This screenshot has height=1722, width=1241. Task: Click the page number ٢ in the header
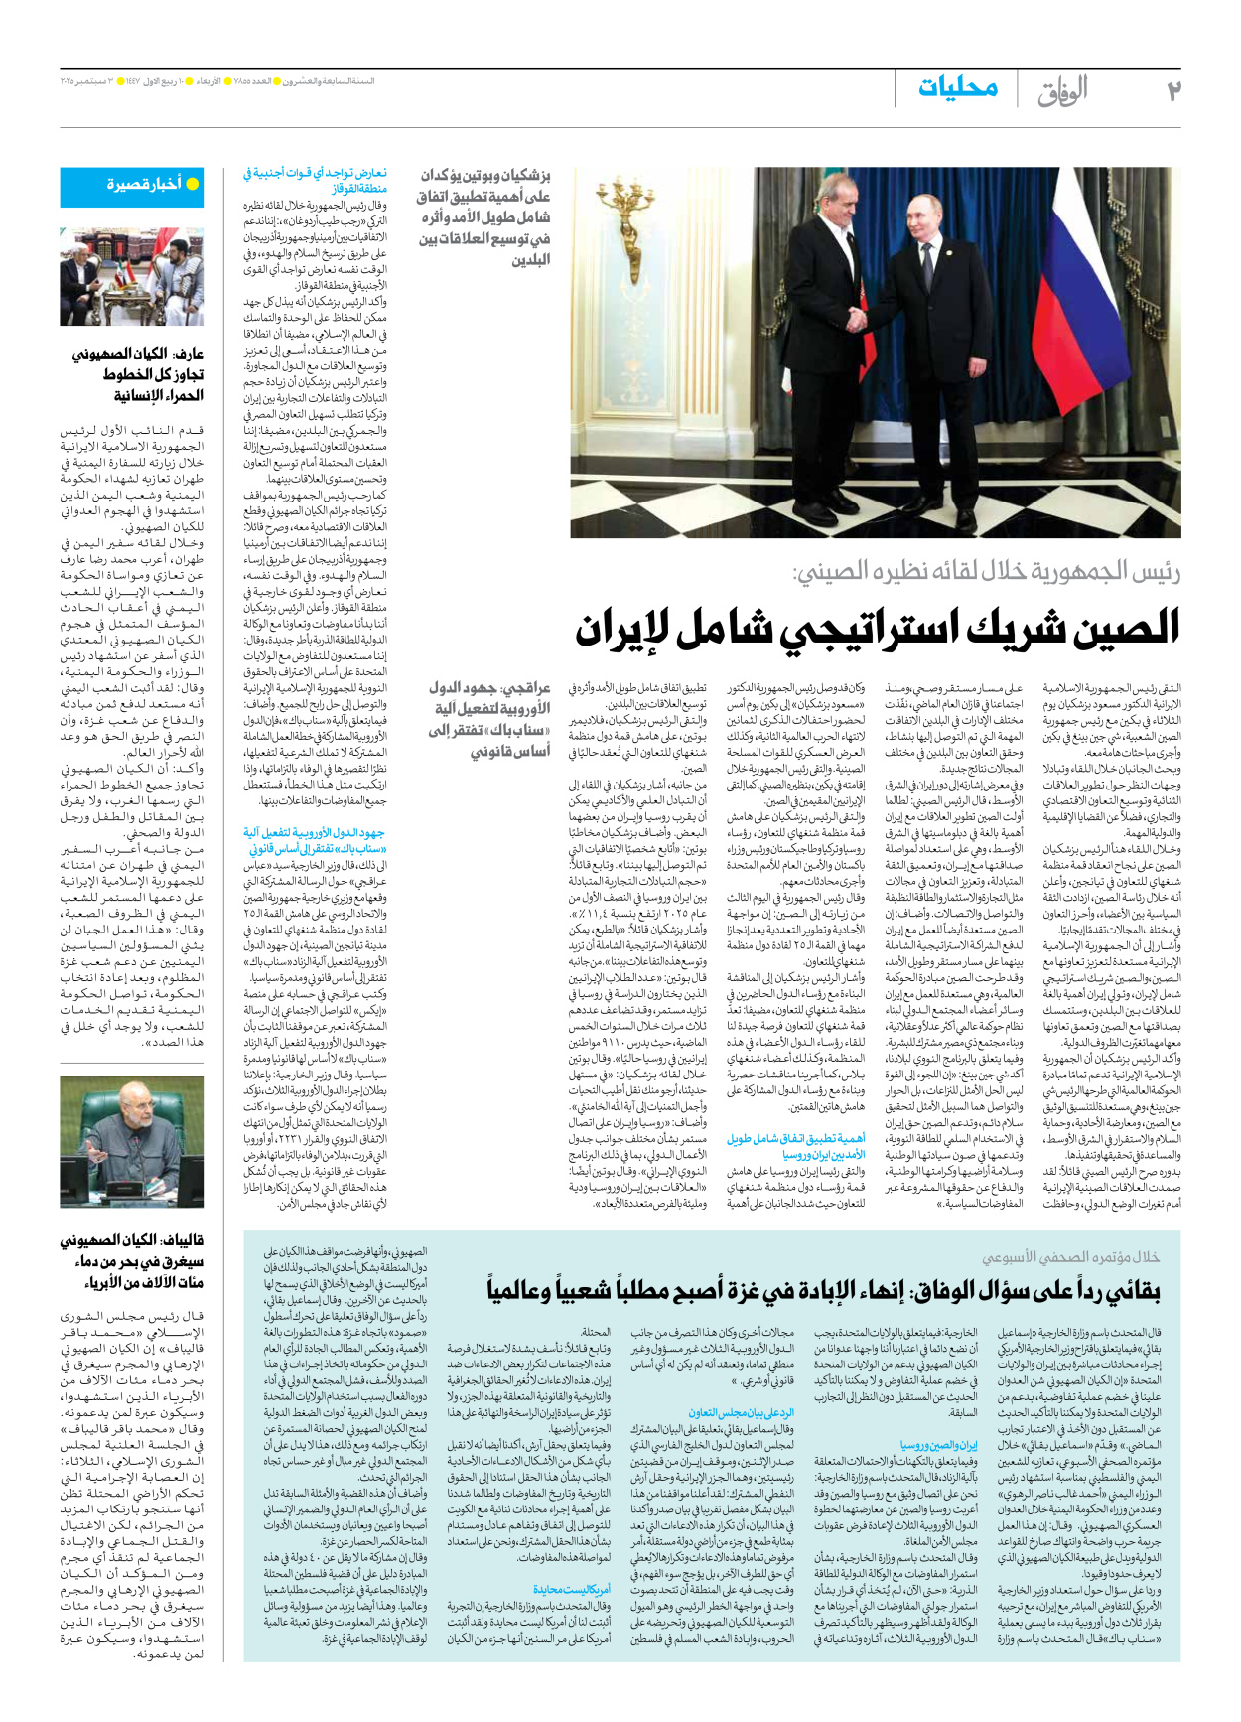[x=1173, y=90]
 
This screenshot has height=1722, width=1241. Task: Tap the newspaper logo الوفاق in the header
[x=1062, y=91]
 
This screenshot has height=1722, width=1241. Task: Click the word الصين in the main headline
[x=1119, y=628]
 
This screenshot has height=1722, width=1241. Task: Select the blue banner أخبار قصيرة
[x=131, y=185]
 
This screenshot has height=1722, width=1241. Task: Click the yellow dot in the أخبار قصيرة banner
[x=193, y=185]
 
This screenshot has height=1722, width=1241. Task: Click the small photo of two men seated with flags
[x=131, y=277]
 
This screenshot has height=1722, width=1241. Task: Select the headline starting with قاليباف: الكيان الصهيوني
[x=136, y=1261]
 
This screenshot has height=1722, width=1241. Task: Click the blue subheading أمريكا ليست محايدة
[x=572, y=1589]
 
